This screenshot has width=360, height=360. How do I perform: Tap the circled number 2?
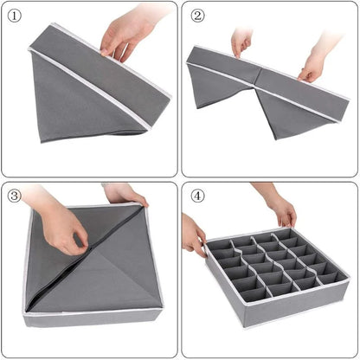pos(197,16)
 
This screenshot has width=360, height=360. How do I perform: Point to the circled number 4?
pos(197,196)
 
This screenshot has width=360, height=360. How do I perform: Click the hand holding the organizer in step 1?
pos(125,35)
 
